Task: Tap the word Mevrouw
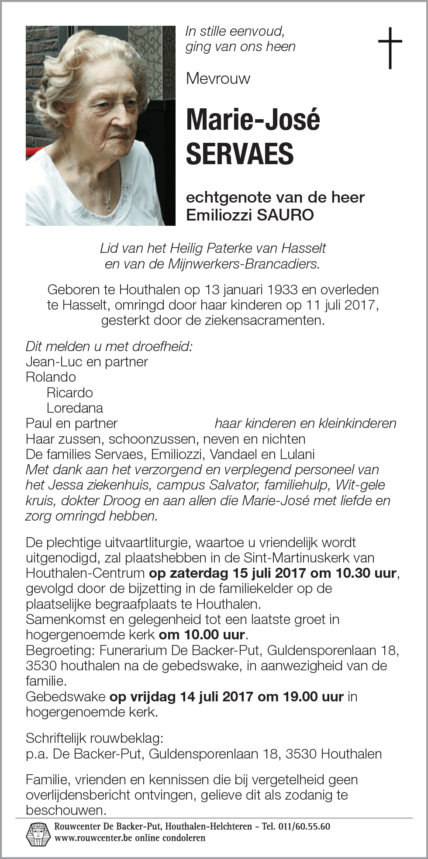point(218,79)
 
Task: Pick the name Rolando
point(51,377)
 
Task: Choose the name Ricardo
point(69,393)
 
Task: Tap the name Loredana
point(75,408)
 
